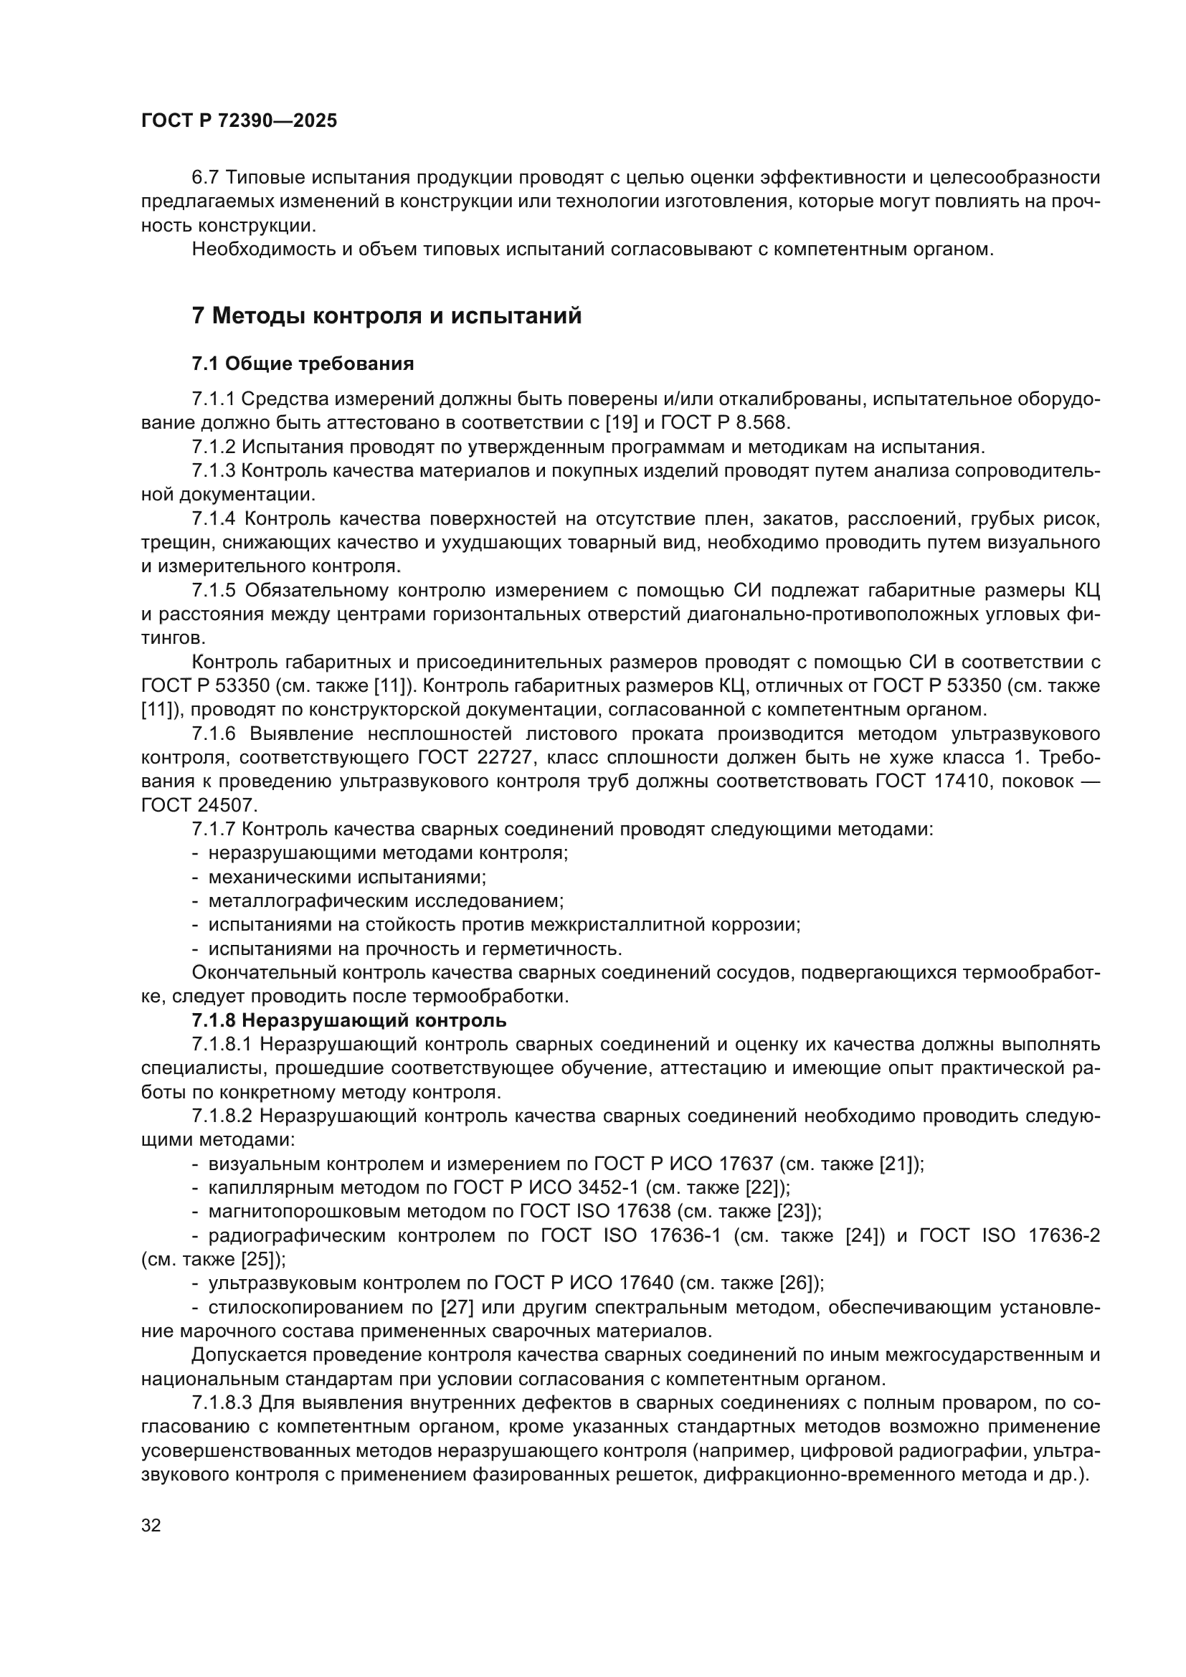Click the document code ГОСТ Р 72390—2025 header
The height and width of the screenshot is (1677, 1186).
(239, 121)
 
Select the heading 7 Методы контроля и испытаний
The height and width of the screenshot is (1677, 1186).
(386, 315)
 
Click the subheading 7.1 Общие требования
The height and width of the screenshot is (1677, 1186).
(303, 364)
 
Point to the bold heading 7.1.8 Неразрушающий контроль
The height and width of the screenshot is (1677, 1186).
(349, 1020)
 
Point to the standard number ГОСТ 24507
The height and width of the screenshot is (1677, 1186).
(199, 805)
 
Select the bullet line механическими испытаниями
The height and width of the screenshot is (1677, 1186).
(347, 876)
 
